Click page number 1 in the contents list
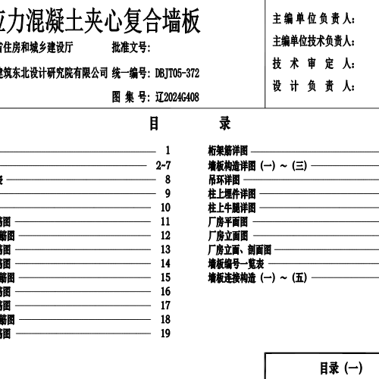click(167, 151)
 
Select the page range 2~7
click(164, 165)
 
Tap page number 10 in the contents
click(165, 208)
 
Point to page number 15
click(165, 278)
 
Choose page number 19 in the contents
click(165, 334)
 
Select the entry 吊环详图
click(224, 180)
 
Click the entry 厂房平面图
click(227, 221)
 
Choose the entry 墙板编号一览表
click(235, 264)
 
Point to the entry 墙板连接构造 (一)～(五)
click(256, 277)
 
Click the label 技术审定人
click(314, 64)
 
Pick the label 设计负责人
click(314, 86)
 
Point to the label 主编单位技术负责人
click(314, 41)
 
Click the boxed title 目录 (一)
click(341, 368)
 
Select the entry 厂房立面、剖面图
click(239, 249)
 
